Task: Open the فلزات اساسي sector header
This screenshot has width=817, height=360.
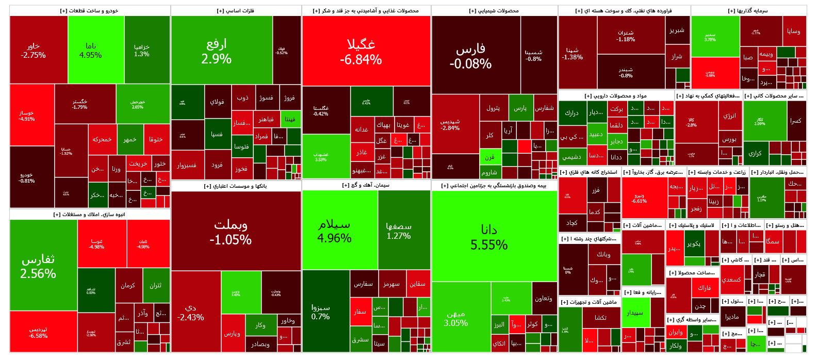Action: click(236, 11)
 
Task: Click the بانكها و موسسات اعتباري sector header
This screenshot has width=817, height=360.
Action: click(236, 186)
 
